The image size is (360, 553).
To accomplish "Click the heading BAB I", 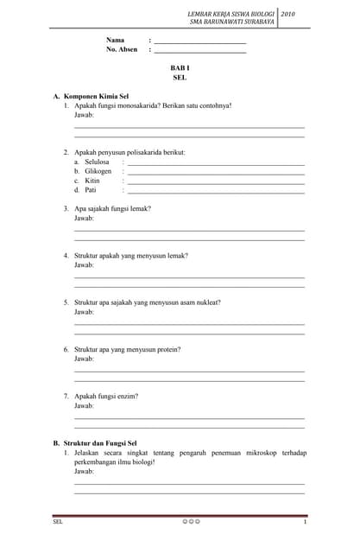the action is tap(180, 67).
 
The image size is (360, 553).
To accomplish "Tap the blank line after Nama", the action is tap(199, 42).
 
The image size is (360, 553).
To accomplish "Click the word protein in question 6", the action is tap(167, 349).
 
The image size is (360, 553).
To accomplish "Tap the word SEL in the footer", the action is tap(58, 523).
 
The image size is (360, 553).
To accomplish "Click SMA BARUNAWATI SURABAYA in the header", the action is tap(231, 22).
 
